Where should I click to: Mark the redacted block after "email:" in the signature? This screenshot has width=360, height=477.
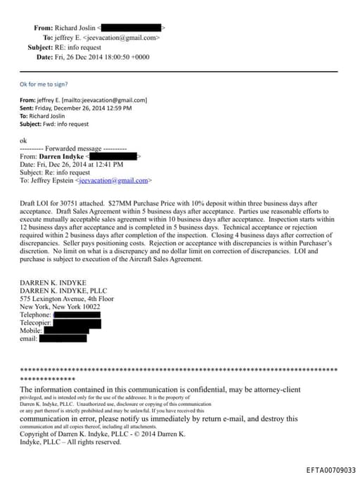tap(63, 338)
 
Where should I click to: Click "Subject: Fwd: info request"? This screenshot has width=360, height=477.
tap(54, 124)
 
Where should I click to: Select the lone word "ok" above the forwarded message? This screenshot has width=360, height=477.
tap(24, 140)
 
